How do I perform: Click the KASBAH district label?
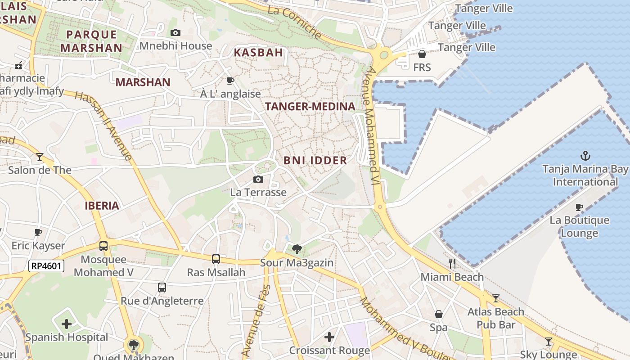(x=258, y=52)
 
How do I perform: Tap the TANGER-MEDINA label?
(x=310, y=107)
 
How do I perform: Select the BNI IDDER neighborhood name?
(x=315, y=160)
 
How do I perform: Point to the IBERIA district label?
(x=102, y=206)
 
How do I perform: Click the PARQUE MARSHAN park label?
(x=91, y=41)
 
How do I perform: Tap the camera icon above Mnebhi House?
(x=175, y=32)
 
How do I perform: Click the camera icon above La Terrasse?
(x=258, y=180)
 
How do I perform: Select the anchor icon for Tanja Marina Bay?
(x=585, y=156)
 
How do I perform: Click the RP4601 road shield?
(x=46, y=266)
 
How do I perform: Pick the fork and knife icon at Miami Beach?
(x=452, y=264)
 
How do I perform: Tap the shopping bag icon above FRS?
(x=422, y=54)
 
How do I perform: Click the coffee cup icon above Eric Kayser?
(x=38, y=233)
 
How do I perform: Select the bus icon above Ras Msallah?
(x=216, y=259)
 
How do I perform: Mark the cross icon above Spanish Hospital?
(x=67, y=324)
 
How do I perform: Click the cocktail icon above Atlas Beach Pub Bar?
(x=495, y=298)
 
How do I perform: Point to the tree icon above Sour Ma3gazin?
(x=297, y=249)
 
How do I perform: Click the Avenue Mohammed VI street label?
(x=372, y=126)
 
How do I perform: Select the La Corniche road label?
(x=295, y=22)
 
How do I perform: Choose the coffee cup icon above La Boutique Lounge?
(x=579, y=207)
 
